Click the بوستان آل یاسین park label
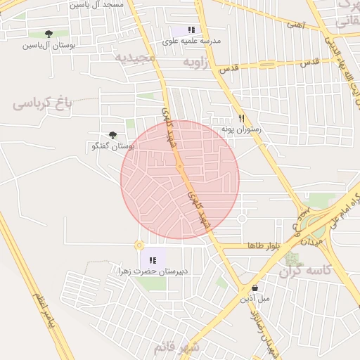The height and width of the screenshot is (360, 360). (x=48, y=46)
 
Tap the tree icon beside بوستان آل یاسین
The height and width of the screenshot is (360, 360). (x=49, y=34)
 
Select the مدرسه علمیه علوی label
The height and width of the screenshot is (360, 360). (x=192, y=41)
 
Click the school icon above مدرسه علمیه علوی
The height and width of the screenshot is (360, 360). (x=191, y=30)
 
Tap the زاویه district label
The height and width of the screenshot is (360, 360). (x=197, y=63)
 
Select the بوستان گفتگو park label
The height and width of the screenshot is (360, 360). (x=113, y=146)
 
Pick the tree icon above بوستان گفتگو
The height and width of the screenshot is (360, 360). (x=112, y=135)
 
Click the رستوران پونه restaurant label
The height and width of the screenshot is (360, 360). (x=241, y=129)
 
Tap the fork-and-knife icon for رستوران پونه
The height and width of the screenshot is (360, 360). (x=241, y=118)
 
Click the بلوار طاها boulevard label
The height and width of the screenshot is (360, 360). (x=264, y=245)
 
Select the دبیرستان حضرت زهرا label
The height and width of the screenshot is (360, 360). (x=153, y=271)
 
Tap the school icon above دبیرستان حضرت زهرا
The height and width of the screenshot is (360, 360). (x=153, y=260)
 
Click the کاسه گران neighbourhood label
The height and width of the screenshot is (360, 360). (x=304, y=271)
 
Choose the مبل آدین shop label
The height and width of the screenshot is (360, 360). (x=255, y=298)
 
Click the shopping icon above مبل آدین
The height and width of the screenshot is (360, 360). (x=255, y=288)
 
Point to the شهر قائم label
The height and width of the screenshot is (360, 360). (x=176, y=347)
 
